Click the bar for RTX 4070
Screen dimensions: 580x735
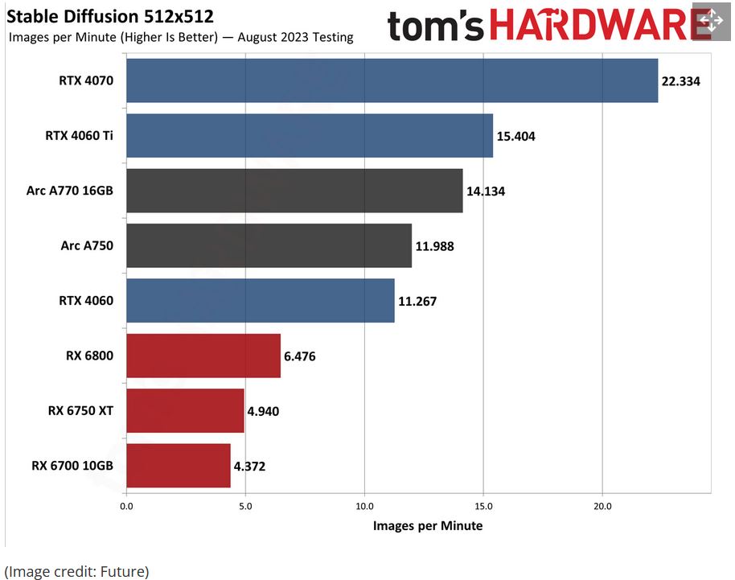(392, 80)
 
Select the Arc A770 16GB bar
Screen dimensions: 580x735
(294, 191)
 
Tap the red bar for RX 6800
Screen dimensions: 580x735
(203, 356)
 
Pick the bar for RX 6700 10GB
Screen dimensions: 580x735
(179, 465)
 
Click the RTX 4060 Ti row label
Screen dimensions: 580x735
(79, 135)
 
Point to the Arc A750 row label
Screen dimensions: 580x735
(87, 245)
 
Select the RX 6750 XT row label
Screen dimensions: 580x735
(80, 410)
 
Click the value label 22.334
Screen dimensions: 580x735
(681, 81)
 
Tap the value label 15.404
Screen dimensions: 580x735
(515, 136)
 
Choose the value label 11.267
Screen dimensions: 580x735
(417, 301)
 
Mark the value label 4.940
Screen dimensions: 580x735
(266, 411)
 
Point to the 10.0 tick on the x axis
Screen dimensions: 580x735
(364, 507)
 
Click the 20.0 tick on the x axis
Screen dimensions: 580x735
(602, 507)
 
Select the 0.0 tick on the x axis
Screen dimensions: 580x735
(126, 507)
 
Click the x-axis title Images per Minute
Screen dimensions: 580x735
(428, 525)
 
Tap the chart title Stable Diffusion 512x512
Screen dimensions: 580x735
(111, 17)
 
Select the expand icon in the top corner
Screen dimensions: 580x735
(712, 21)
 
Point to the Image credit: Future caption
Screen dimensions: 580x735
(77, 571)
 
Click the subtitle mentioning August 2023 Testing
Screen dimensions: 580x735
(181, 37)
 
